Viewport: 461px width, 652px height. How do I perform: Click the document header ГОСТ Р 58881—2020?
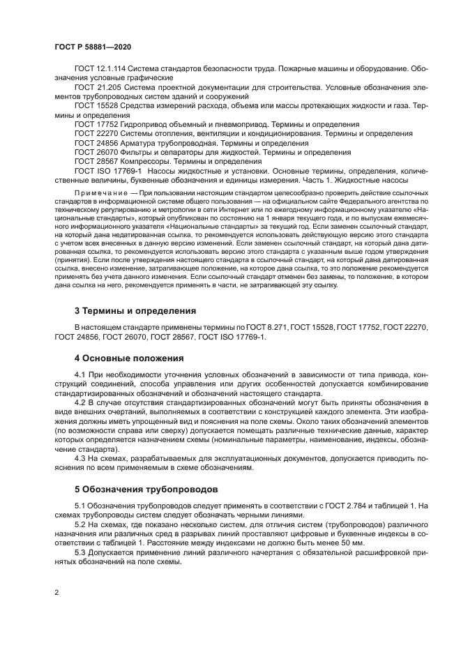click(93, 45)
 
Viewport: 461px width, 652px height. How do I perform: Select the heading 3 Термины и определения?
click(135, 310)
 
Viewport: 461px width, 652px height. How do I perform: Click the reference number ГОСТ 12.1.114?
click(100, 69)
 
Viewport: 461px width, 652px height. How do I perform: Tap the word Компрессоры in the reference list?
click(146, 160)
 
